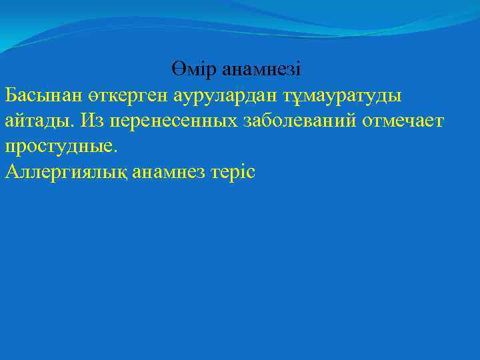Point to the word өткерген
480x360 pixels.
pyautogui.click(x=128, y=95)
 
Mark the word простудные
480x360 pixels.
pyautogui.click(x=58, y=147)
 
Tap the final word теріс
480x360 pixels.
pyautogui.click(x=233, y=172)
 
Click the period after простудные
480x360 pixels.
pyautogui.click(x=114, y=153)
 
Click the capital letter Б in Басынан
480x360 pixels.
pyautogui.click(x=11, y=95)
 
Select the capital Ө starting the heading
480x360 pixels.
pyautogui.click(x=177, y=69)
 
